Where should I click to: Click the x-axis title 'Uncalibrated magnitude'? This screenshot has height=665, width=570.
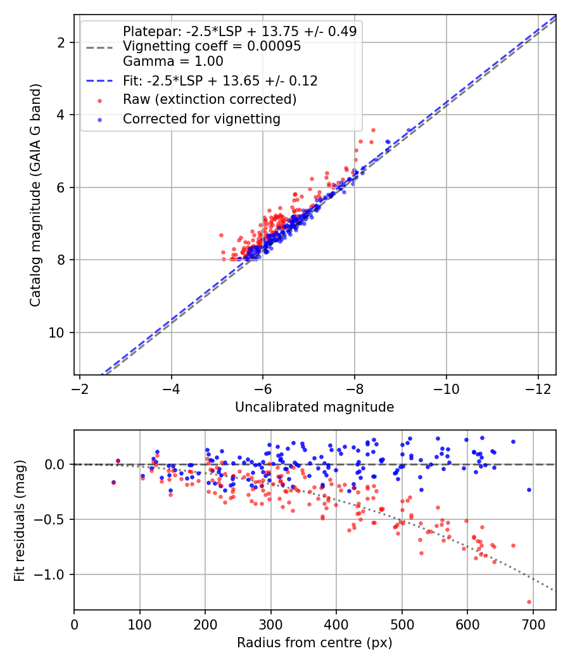point(314,407)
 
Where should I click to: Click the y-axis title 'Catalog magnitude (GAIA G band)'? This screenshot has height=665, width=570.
point(35,195)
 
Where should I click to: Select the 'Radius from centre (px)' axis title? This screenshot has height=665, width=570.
point(314,643)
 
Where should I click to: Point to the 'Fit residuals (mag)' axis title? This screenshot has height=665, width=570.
point(20,521)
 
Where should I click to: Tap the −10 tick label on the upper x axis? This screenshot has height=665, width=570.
point(446,388)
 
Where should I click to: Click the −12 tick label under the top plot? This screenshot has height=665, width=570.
point(538,388)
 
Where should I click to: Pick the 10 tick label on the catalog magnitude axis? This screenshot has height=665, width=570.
point(56,332)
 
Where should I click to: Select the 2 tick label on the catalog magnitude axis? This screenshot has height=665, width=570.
point(61,42)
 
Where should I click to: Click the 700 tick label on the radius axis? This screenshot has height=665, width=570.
point(533,624)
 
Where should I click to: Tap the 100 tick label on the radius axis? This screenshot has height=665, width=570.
point(139,624)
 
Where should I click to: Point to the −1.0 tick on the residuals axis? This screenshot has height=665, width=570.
point(49,574)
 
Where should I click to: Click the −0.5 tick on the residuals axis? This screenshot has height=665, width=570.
point(49,519)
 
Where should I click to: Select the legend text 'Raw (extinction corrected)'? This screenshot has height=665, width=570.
point(210,99)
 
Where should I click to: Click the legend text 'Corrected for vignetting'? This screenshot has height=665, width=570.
point(201,119)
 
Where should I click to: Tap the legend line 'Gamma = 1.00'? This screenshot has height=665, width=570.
point(173,61)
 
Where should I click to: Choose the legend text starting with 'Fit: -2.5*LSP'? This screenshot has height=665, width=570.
point(220,80)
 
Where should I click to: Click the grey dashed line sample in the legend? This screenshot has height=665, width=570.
point(99,47)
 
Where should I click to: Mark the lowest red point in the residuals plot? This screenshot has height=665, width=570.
point(529,602)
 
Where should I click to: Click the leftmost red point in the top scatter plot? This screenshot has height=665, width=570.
point(221,235)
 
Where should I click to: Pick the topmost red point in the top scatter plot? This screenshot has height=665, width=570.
point(373,130)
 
